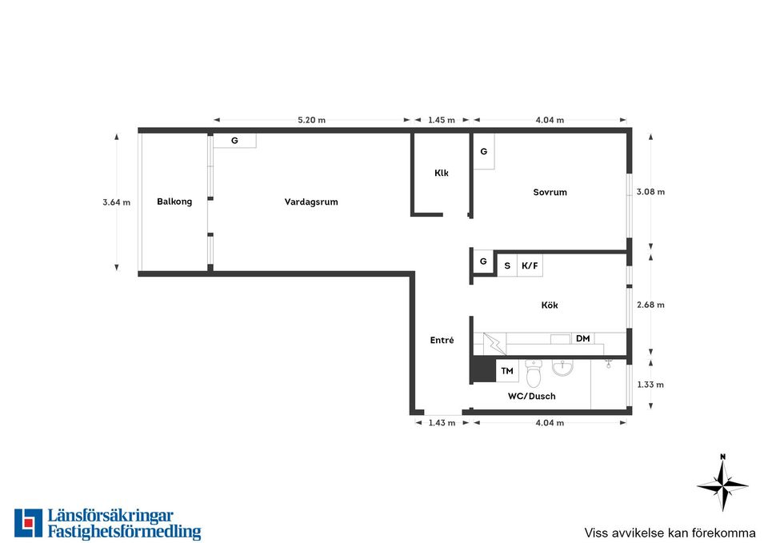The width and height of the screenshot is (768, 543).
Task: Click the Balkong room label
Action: [174, 202]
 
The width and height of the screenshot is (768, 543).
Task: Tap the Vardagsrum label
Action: [311, 202]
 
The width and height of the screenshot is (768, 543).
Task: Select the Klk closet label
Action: [442, 173]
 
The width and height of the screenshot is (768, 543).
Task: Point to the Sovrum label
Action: [550, 193]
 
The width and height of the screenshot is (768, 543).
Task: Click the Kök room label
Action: [550, 305]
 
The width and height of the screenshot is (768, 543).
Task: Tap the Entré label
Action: [442, 340]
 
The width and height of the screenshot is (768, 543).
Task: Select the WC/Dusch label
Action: [531, 396]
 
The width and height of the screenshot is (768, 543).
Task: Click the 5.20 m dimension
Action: [311, 120]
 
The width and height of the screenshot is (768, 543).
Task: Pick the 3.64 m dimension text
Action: [117, 202]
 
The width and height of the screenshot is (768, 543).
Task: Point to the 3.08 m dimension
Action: [650, 192]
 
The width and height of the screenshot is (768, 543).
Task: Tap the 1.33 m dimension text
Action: [650, 385]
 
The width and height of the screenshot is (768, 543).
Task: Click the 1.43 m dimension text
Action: [442, 423]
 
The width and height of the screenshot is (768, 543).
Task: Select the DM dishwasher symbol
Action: [583, 338]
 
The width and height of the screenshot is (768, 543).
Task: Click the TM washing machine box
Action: [507, 370]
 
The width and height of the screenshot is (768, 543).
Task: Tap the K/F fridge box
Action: [530, 266]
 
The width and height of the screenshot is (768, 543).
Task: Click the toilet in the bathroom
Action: [533, 373]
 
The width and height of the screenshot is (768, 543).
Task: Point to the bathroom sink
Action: [562, 368]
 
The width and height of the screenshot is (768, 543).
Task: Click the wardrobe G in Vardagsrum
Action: [234, 141]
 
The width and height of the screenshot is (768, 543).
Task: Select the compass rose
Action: [723, 484]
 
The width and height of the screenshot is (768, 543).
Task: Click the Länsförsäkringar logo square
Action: [29, 523]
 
